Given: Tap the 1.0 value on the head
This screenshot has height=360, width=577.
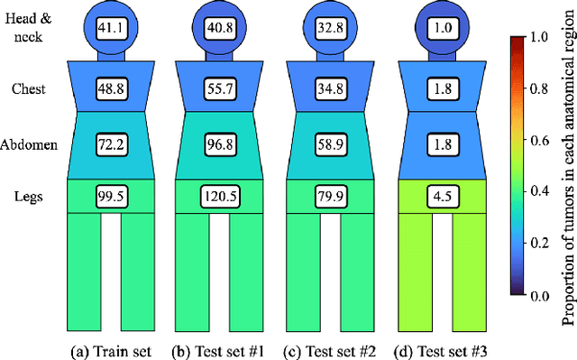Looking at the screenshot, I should tap(427, 28).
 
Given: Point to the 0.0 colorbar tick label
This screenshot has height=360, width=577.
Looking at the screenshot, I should tap(540, 320).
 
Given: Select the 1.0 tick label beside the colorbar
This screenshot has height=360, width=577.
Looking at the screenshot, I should tap(540, 37).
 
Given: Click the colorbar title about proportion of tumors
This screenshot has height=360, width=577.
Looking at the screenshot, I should tap(567, 179).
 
